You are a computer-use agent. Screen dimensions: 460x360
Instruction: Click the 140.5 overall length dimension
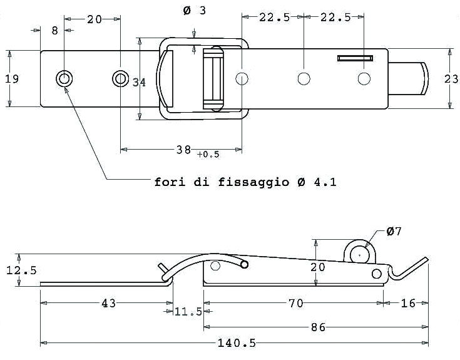[237, 342]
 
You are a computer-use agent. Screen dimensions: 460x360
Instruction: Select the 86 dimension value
[318, 327]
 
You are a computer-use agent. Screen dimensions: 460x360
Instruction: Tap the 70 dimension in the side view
[295, 303]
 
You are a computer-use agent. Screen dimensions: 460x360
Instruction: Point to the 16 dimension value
[408, 303]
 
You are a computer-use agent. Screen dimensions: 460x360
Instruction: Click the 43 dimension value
[108, 303]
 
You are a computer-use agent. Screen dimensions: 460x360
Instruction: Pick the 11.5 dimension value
[188, 311]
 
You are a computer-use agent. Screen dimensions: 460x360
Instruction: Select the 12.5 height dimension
[21, 270]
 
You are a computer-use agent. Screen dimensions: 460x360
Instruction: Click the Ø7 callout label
[394, 232]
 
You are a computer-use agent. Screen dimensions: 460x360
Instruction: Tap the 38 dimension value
[183, 150]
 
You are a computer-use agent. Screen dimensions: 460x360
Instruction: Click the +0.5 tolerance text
[208, 154]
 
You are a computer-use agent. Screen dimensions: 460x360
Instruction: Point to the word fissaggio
[253, 182]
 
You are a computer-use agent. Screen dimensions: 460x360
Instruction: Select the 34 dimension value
[139, 83]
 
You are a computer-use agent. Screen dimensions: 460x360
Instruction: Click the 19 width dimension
[12, 79]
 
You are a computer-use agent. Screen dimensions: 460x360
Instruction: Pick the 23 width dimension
[451, 79]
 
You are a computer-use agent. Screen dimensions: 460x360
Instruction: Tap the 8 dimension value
[55, 31]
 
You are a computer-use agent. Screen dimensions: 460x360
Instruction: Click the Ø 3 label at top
[195, 11]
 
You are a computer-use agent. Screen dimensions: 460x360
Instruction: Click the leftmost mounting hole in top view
[64, 79]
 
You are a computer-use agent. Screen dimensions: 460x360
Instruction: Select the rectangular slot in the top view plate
[355, 58]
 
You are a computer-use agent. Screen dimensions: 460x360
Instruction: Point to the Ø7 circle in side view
[360, 255]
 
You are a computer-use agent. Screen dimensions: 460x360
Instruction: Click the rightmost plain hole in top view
[364, 79]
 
